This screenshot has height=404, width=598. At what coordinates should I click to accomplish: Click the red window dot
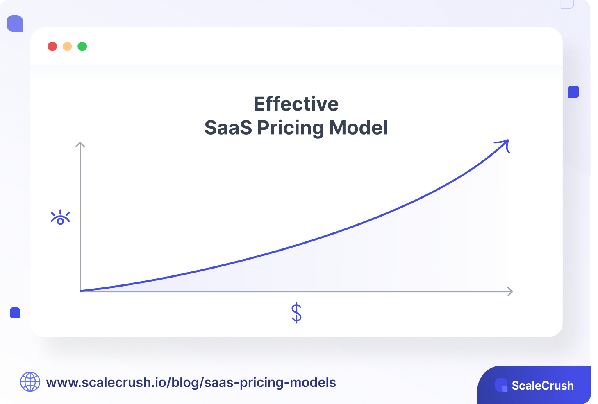click(52, 46)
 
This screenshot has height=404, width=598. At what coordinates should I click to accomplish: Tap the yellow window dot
click(67, 46)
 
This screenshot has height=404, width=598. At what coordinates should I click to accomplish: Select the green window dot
click(82, 46)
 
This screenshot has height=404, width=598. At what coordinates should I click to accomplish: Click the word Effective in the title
click(296, 104)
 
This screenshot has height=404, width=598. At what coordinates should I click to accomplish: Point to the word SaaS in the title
click(228, 128)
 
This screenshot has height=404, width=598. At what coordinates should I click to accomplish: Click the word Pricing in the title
click(291, 128)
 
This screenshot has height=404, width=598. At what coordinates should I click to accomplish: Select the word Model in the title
click(358, 128)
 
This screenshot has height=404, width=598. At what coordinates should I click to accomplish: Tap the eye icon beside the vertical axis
click(60, 217)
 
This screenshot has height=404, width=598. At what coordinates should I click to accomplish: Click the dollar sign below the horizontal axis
click(296, 313)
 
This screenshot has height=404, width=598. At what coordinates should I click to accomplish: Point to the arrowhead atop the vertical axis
click(80, 144)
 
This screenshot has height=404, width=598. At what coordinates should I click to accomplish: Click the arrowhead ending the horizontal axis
click(510, 291)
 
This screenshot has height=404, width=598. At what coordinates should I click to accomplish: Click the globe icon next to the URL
click(30, 382)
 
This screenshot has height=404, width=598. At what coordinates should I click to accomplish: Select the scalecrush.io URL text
click(191, 382)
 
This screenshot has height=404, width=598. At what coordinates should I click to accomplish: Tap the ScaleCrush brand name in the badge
click(542, 386)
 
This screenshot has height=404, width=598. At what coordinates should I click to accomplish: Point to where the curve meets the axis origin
click(81, 291)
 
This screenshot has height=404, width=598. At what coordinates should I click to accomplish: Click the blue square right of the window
click(573, 92)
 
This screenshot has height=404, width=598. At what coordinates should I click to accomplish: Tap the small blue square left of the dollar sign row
click(15, 313)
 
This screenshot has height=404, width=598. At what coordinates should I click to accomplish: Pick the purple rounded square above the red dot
click(15, 23)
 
